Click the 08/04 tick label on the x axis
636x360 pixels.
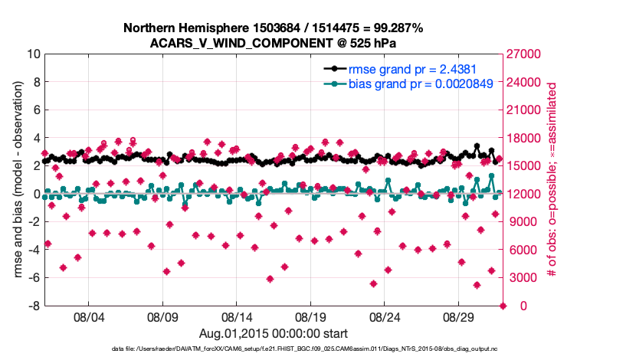pyautogui.click(x=87, y=316)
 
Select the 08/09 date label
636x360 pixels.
pyautogui.click(x=162, y=316)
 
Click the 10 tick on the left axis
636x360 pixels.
pyautogui.click(x=32, y=54)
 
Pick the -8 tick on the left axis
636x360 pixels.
pyautogui.click(x=34, y=306)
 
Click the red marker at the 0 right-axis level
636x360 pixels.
pyautogui.click(x=503, y=306)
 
